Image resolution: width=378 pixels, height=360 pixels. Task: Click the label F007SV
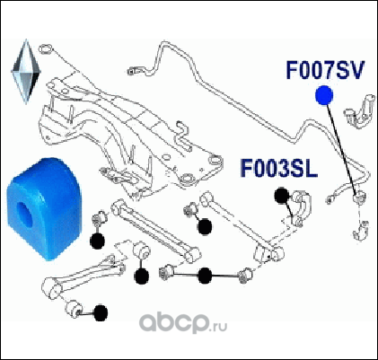pos(325,70)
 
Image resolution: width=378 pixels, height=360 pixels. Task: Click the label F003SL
pos(278,169)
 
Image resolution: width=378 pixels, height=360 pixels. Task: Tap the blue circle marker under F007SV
pos(324,95)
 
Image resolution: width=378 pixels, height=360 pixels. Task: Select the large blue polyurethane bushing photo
pos(44,208)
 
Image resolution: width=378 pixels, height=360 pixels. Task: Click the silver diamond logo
pos(26,71)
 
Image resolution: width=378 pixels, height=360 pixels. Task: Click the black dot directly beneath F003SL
pos(282,196)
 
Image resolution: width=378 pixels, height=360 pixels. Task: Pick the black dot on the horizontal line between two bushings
pos(205,276)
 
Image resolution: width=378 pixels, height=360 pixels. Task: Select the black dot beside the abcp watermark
pos(100,313)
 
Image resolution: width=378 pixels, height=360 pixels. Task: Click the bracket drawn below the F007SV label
pos(360,111)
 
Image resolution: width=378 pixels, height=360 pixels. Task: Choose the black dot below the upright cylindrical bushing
pos(141,276)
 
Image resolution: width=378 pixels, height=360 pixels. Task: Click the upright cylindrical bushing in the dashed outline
pos(141,251)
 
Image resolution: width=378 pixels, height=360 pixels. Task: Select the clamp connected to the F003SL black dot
pos(301,207)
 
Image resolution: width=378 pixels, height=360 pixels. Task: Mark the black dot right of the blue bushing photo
pos(97,241)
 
